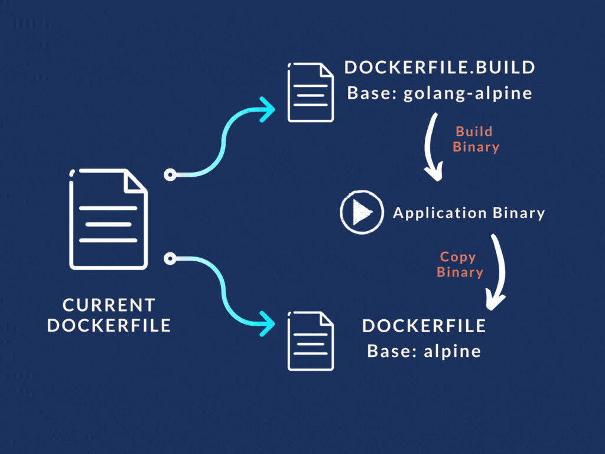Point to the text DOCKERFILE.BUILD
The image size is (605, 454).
tap(440, 67)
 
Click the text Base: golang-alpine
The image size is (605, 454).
tap(440, 93)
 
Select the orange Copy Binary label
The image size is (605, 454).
tap(460, 264)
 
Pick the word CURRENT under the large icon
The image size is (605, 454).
tap(109, 305)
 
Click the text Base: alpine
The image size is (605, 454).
tap(424, 351)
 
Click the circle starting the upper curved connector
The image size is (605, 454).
tap(170, 174)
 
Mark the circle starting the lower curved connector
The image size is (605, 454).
tap(170, 258)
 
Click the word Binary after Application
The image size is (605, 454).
tap(519, 213)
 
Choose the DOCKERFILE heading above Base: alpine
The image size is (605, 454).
tap(424, 326)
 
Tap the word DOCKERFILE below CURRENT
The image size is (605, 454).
tap(109, 325)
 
